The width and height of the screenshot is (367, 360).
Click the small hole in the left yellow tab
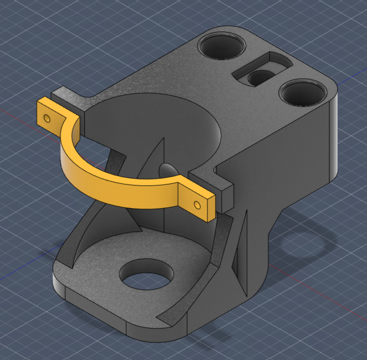(x=48, y=118)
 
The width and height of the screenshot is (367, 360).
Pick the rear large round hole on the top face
(x=222, y=45)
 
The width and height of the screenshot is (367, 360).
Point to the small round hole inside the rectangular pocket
(x=259, y=77)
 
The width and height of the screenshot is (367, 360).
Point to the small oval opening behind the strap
(x=167, y=169)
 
